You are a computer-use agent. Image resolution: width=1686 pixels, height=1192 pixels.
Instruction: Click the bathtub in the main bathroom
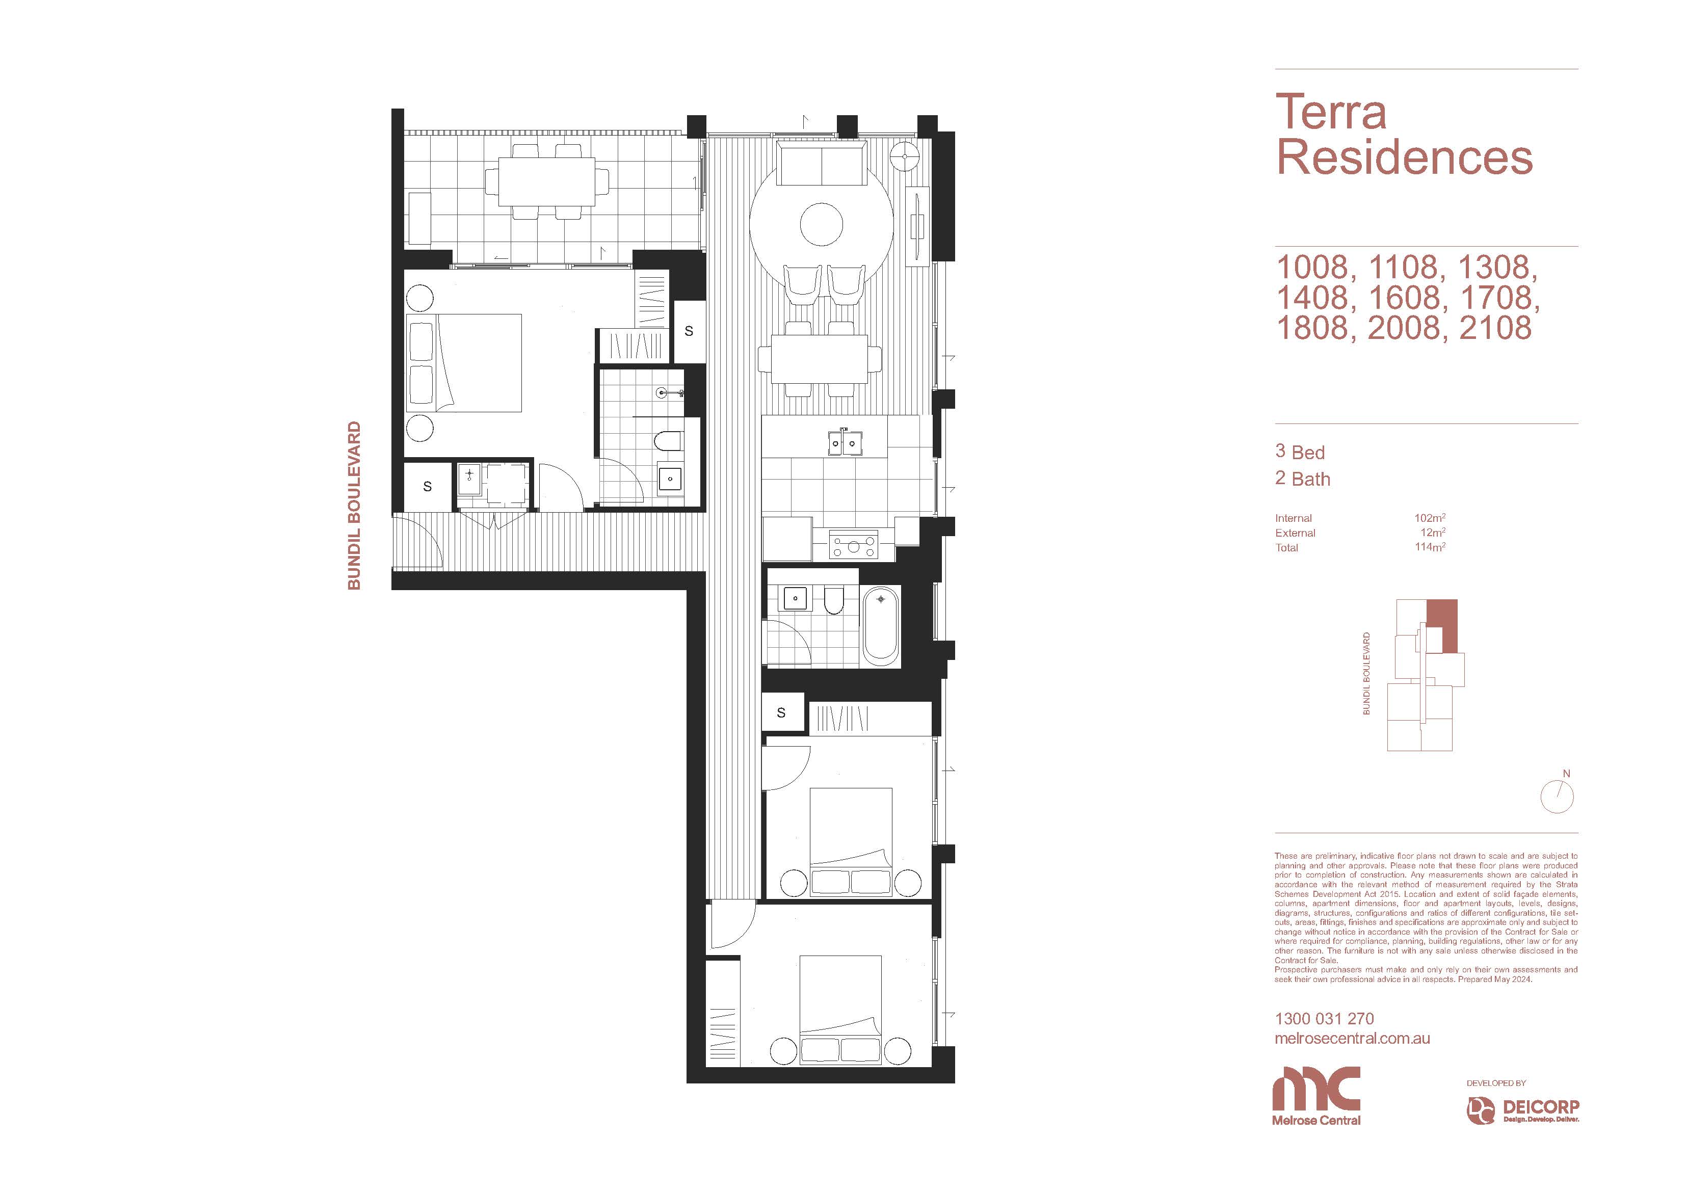click(880, 626)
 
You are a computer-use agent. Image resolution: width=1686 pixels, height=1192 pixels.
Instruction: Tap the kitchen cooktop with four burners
click(853, 545)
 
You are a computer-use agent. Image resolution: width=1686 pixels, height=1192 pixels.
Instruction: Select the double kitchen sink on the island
click(843, 443)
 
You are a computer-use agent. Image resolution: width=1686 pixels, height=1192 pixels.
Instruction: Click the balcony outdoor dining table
click(547, 182)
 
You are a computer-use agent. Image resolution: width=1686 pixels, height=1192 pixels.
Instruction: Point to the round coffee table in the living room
click(821, 225)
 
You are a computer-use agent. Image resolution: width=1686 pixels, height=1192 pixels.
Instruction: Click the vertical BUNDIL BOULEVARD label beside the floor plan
click(354, 506)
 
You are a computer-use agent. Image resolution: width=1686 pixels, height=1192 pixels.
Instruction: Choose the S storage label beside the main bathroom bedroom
click(781, 712)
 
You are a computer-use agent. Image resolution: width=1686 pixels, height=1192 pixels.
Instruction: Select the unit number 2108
click(1495, 328)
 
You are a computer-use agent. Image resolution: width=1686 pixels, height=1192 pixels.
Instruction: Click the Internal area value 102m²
click(1430, 518)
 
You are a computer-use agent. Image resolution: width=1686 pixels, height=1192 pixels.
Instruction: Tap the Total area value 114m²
click(1430, 547)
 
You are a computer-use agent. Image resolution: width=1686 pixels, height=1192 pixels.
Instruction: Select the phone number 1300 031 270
click(1324, 1019)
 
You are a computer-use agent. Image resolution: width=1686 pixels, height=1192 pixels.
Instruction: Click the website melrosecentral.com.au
click(1353, 1039)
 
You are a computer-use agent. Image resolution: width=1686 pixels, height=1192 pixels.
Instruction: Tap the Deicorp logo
click(1523, 1110)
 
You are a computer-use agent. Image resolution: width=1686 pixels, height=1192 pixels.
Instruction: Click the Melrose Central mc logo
click(1316, 1096)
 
